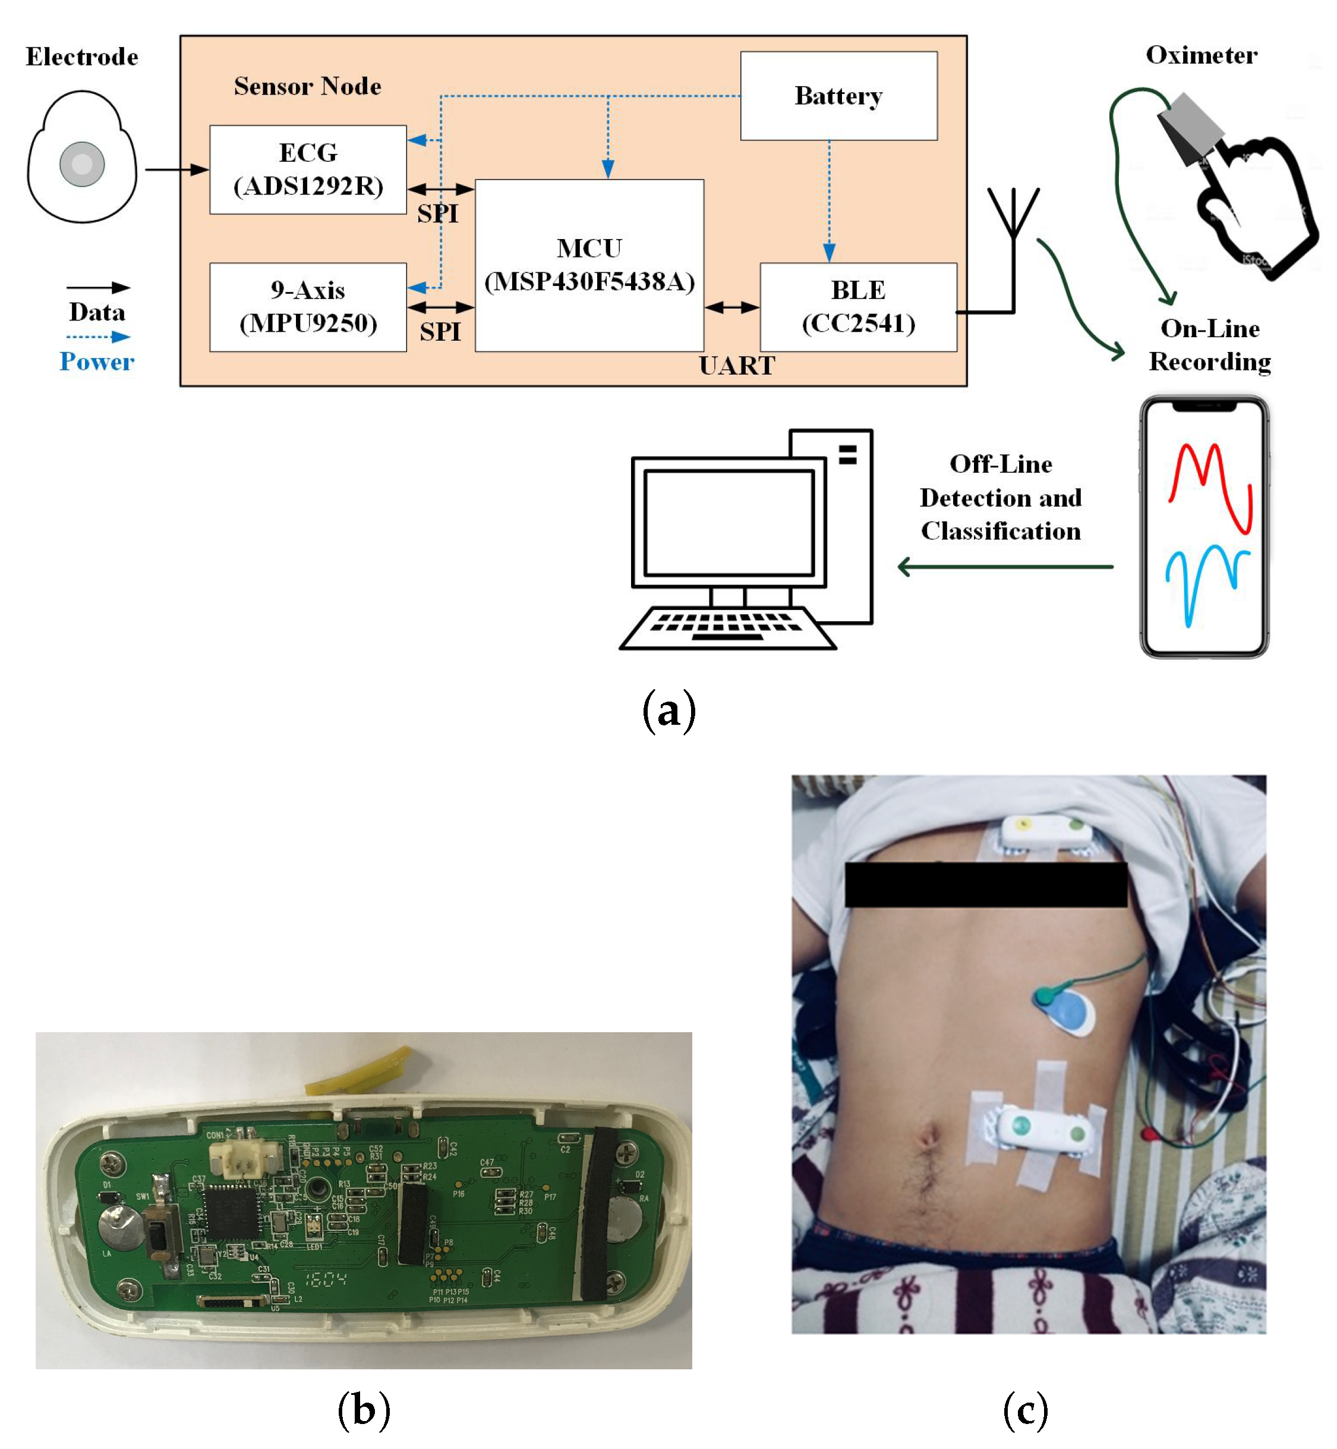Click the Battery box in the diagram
[x=838, y=96]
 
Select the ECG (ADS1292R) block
[x=308, y=169]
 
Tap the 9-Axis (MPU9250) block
[x=308, y=307]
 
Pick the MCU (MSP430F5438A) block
[x=589, y=265]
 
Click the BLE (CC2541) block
[x=858, y=307]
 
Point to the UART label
[x=736, y=366]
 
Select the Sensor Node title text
[x=307, y=86]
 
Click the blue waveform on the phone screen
[x=1207, y=579]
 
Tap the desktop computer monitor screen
[x=729, y=523]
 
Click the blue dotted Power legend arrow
[x=97, y=337]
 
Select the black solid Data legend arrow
[x=97, y=288]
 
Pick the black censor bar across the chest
[x=985, y=884]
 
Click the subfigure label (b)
[x=363, y=1410]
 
